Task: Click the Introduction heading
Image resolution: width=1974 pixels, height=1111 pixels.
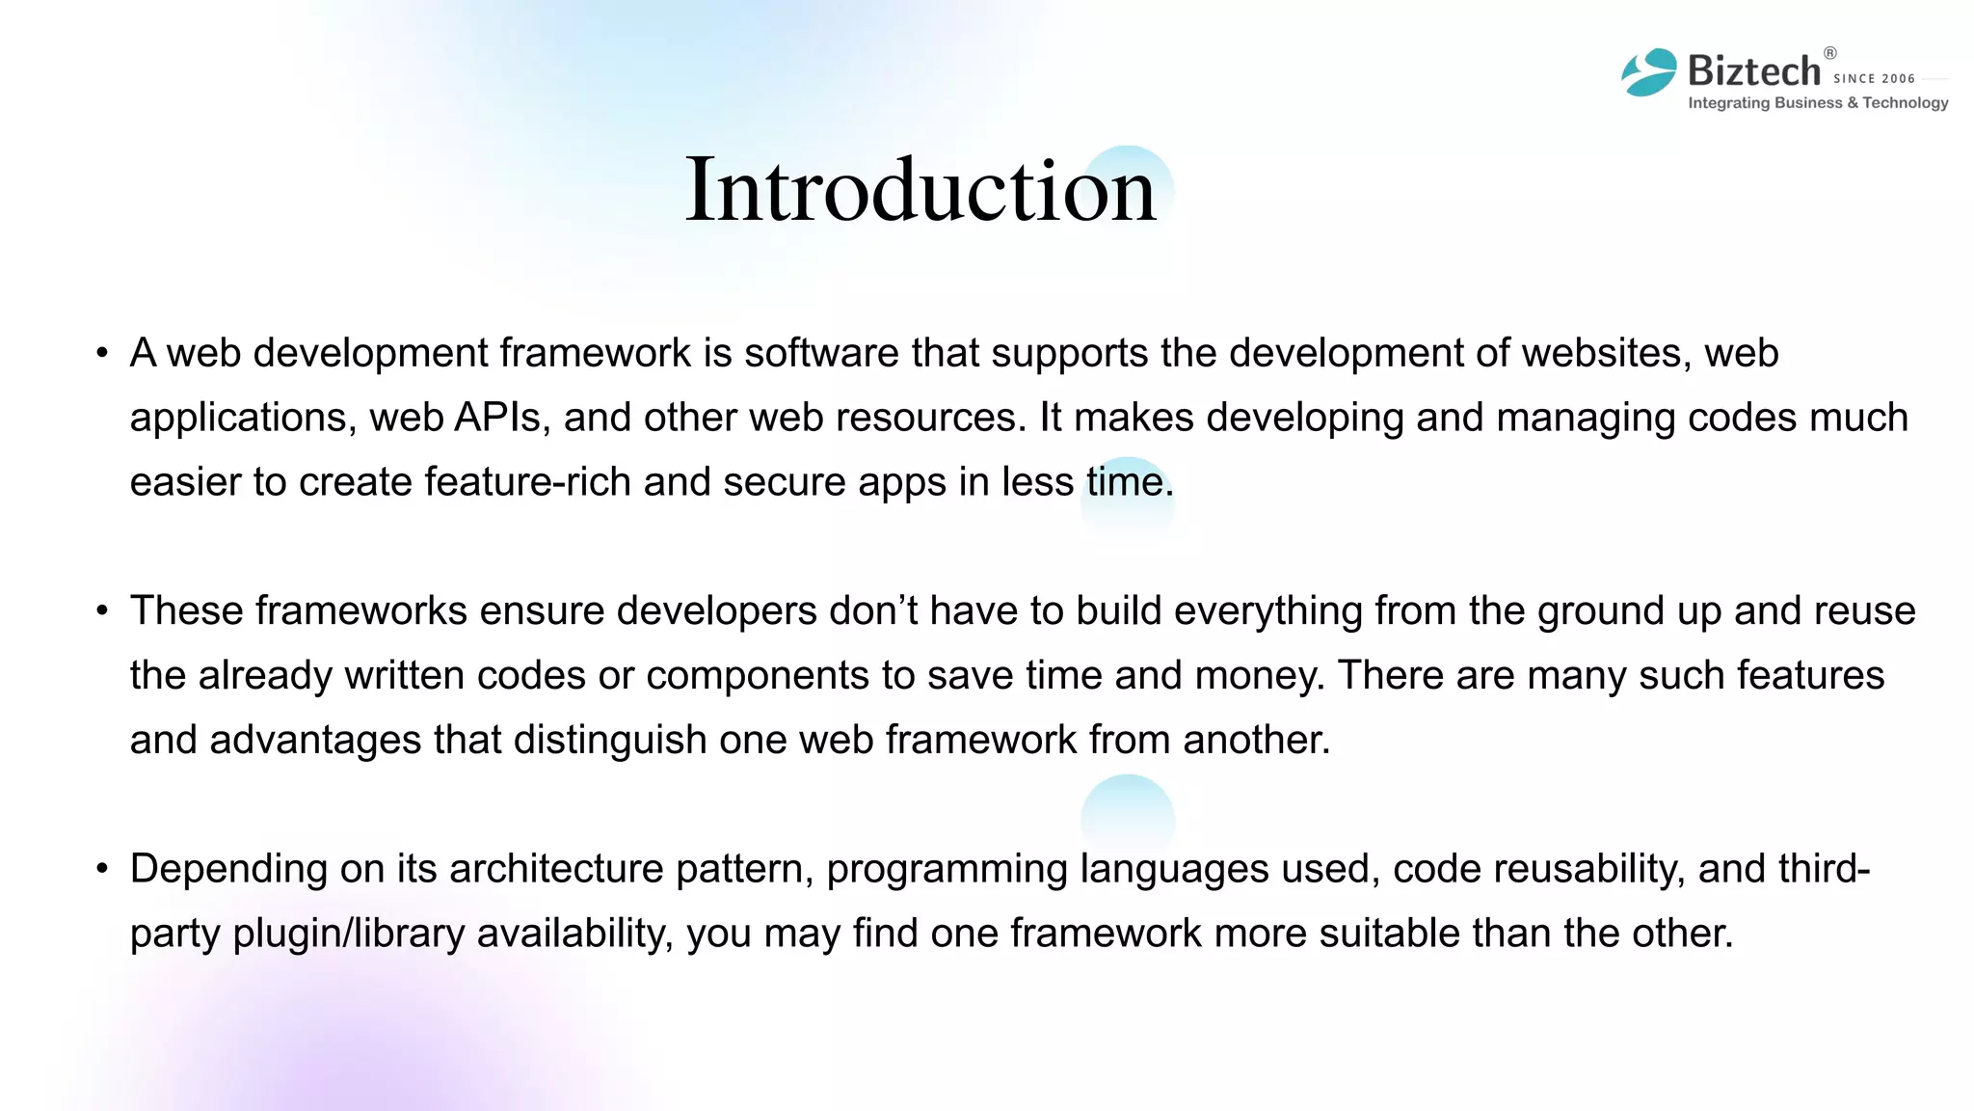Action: point(920,190)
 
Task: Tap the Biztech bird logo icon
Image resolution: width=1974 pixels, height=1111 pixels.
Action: point(1649,72)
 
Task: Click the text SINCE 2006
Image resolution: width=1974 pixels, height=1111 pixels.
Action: point(1874,79)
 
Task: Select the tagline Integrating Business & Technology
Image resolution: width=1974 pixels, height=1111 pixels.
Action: point(1818,103)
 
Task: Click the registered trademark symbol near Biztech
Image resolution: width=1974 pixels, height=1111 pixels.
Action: point(1829,53)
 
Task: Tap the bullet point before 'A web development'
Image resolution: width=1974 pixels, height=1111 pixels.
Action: point(102,354)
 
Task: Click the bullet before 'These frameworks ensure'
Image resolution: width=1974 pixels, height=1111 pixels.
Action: point(102,611)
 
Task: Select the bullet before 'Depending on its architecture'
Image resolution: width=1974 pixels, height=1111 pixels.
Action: point(102,869)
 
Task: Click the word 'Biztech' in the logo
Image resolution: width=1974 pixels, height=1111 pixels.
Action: point(1753,71)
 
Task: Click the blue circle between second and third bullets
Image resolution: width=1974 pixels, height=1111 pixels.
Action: point(1127,815)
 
